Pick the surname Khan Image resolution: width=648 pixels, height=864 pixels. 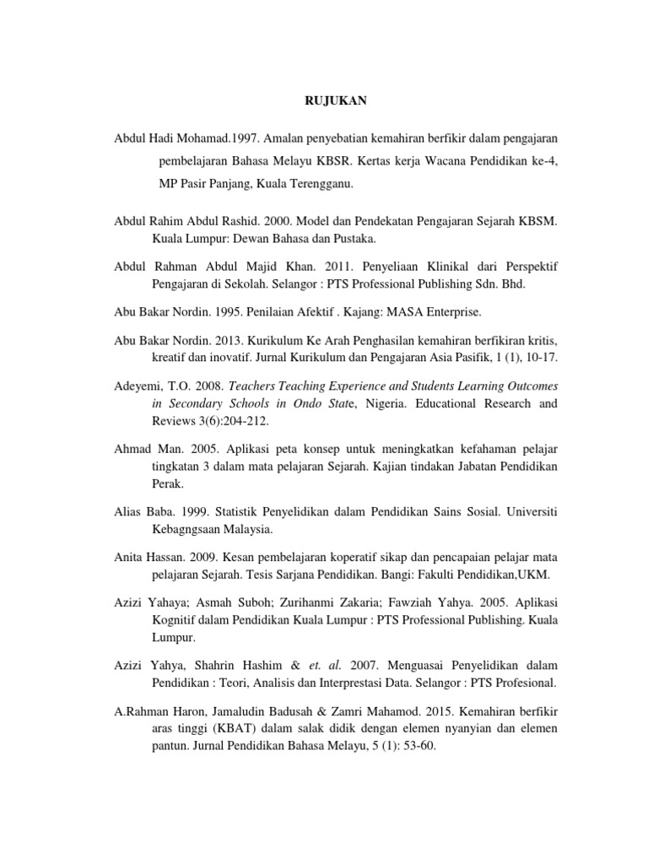[321, 267]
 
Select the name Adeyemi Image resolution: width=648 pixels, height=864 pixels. [138, 385]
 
